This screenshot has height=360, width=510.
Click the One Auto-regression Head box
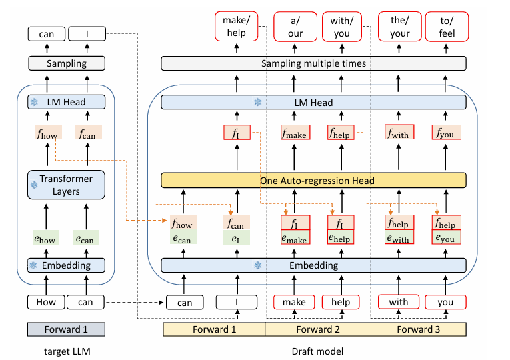click(x=313, y=180)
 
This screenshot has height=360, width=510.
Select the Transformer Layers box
click(x=66, y=185)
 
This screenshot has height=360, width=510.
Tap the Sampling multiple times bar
click(x=313, y=63)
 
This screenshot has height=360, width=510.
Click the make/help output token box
click(x=237, y=27)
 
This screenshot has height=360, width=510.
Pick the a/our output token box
click(x=295, y=27)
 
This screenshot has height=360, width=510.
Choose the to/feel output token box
click(x=447, y=27)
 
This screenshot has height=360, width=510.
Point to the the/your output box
click(x=400, y=27)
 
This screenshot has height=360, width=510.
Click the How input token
click(x=46, y=302)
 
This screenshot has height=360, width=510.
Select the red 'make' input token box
click(x=294, y=302)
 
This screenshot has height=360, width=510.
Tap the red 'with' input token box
click(x=399, y=302)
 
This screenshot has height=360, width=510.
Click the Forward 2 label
click(x=318, y=329)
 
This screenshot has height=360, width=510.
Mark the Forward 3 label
click(x=419, y=329)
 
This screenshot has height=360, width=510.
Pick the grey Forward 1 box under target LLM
click(x=66, y=329)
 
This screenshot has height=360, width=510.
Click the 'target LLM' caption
click(x=67, y=351)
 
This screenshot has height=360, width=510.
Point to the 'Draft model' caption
click(x=317, y=351)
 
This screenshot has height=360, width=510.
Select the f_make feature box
click(x=295, y=133)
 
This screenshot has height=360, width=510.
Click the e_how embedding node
click(x=46, y=238)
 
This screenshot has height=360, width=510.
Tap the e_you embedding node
click(x=446, y=237)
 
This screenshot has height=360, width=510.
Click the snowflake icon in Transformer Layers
click(x=34, y=185)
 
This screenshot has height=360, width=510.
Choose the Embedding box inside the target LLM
click(x=66, y=265)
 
